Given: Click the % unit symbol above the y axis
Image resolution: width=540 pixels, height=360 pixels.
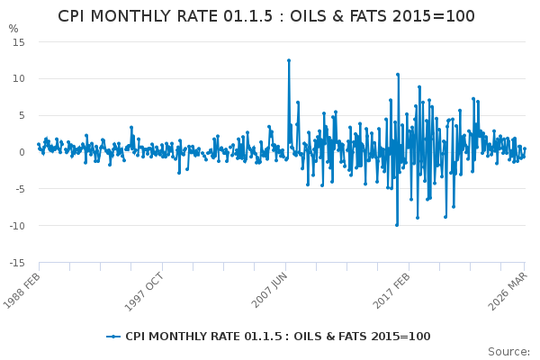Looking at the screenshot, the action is tap(13, 29).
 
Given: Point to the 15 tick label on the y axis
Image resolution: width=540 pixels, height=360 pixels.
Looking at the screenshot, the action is tap(19, 42).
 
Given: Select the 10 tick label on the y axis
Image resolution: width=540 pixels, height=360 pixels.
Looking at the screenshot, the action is tap(19, 78).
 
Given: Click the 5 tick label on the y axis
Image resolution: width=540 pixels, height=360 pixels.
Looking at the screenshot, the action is tap(22, 115).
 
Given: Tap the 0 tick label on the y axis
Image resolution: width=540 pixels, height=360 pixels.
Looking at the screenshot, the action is tap(22, 152).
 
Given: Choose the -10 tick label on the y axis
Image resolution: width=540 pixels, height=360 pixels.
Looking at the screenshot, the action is tap(17, 226).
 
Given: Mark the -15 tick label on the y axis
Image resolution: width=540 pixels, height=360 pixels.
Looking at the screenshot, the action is tap(17, 263).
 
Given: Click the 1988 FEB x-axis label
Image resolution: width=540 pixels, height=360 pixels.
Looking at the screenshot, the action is tap(22, 292).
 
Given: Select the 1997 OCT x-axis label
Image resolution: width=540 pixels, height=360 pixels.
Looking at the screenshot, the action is tap(144, 292).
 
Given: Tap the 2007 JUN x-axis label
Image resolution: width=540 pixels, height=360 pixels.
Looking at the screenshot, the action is tap(269, 291).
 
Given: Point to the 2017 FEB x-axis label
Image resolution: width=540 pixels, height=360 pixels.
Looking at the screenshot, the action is tap(391, 291).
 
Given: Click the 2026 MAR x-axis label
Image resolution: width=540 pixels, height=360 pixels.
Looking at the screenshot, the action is tap(508, 292).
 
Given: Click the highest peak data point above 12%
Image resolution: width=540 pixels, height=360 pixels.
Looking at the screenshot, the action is tap(289, 60).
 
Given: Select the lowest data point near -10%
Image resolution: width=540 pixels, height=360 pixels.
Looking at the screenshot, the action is tap(397, 225).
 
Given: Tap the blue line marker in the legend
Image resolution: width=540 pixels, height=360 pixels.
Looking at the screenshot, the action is tap(113, 337).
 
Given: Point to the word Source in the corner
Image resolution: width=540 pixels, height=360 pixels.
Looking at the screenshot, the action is tap(508, 352).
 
